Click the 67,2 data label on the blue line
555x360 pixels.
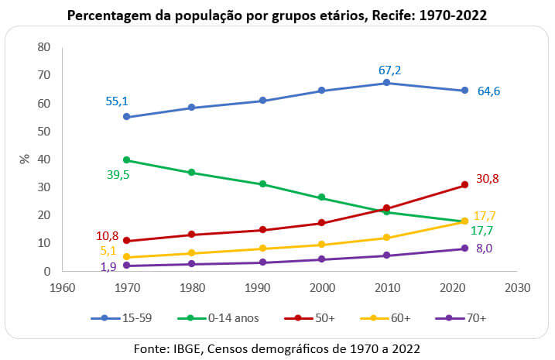(x=389, y=70)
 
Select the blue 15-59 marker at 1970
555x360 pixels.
(x=127, y=117)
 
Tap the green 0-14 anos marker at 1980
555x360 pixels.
(x=191, y=173)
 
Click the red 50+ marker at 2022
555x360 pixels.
(x=464, y=185)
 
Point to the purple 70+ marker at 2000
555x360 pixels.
(x=321, y=259)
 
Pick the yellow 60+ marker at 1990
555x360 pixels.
(x=263, y=249)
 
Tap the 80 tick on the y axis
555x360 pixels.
(x=43, y=47)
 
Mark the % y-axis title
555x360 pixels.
(x=24, y=159)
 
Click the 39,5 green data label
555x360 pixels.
(x=119, y=175)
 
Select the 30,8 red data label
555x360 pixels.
(x=488, y=179)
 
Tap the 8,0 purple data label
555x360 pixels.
(x=483, y=249)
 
